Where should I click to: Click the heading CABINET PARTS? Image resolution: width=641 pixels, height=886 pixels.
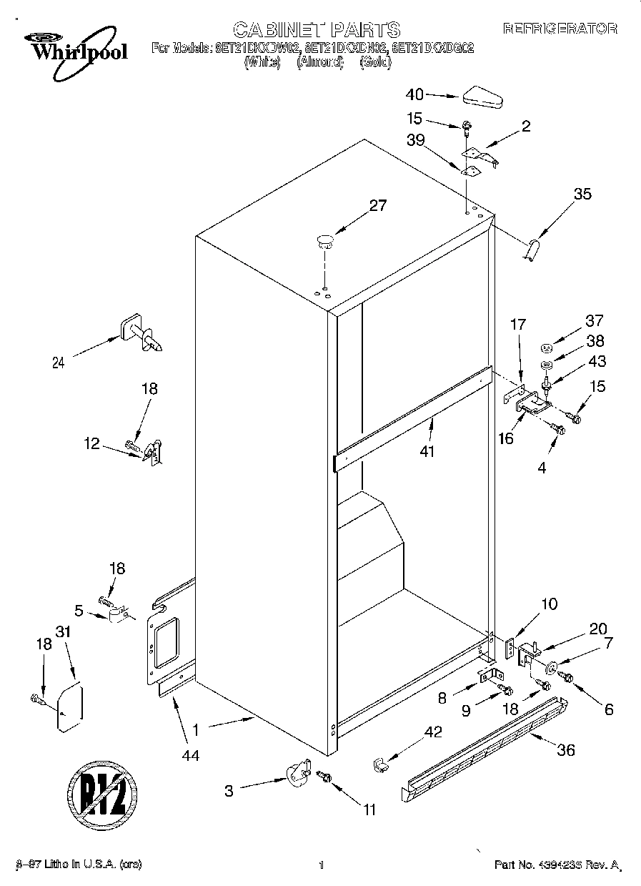(x=317, y=29)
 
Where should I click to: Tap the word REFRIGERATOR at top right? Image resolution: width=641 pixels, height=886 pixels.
(x=560, y=29)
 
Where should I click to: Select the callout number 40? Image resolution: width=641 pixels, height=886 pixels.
(x=414, y=94)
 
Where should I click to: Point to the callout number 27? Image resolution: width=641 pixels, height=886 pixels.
(x=377, y=206)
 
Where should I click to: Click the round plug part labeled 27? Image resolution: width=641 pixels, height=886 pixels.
(x=325, y=240)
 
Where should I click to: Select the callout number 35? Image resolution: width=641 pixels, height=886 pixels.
(x=583, y=193)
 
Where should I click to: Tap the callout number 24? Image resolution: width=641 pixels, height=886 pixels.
(x=59, y=363)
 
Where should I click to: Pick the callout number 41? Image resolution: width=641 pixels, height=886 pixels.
(x=428, y=451)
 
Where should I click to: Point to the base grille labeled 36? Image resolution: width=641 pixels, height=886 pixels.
(x=486, y=751)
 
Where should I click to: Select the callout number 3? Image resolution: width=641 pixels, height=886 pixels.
(x=229, y=791)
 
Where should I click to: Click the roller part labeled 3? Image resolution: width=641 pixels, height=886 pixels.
(x=297, y=774)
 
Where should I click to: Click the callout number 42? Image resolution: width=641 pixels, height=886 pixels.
(x=433, y=732)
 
